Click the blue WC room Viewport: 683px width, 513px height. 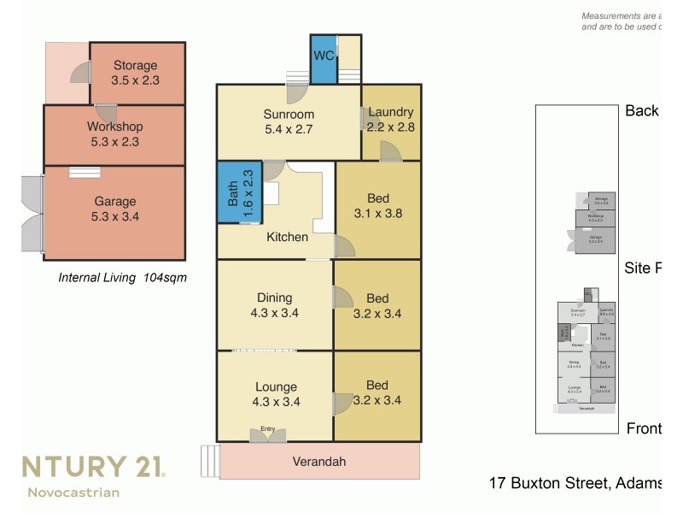tap(323, 59)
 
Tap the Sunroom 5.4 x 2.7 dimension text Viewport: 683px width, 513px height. tap(288, 130)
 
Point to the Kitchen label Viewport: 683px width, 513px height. tap(287, 237)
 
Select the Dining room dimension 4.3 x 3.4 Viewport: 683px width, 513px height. tap(274, 313)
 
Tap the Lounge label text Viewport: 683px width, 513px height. tap(275, 386)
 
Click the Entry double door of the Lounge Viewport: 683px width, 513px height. tap(268, 435)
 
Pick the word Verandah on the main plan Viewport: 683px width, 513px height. tap(319, 462)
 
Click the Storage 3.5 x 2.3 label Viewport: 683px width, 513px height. tap(135, 73)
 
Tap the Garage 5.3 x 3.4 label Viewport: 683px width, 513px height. tap(115, 209)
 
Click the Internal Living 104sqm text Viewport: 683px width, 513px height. tap(122, 277)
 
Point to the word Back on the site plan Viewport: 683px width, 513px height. tap(641, 110)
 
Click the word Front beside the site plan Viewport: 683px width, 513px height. tap(643, 428)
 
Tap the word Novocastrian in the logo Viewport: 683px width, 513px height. tap(73, 492)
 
